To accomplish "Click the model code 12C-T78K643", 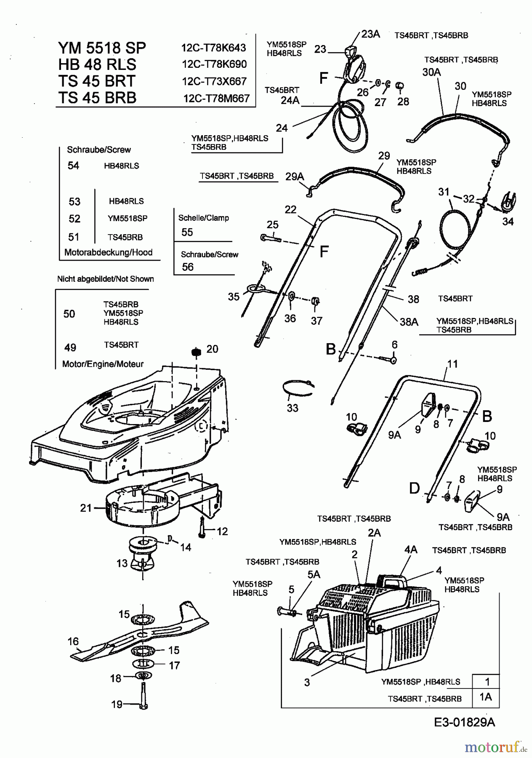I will click(x=213, y=48).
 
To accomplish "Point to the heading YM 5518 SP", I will click(x=102, y=48).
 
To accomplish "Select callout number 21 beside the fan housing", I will click(x=86, y=508).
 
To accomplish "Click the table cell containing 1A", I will click(x=486, y=697).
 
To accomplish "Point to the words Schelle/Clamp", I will click(x=203, y=218).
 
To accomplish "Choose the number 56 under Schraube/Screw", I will click(x=188, y=267).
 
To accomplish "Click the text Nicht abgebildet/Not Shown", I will click(x=105, y=279).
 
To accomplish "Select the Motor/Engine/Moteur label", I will click(x=103, y=364).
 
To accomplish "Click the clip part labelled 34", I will click(x=509, y=202).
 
